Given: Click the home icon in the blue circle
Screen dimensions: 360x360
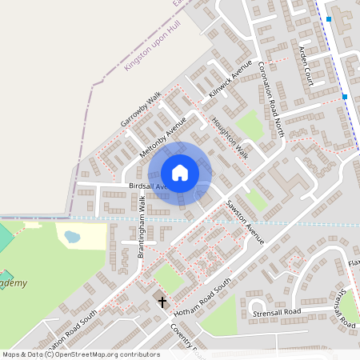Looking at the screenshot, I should pos(180,173).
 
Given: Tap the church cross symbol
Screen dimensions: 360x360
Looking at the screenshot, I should pos(162,302).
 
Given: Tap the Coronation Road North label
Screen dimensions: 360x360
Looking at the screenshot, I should pos(271,98).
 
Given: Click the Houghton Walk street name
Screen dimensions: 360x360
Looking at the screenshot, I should pos(230,138).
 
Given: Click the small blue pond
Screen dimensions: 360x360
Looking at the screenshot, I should pos(72,237).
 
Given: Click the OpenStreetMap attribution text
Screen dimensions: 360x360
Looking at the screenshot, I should pos(81,354).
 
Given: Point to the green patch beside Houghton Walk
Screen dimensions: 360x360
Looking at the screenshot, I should pos(250,122).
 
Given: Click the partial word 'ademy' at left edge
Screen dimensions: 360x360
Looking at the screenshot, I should pos(13,283).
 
